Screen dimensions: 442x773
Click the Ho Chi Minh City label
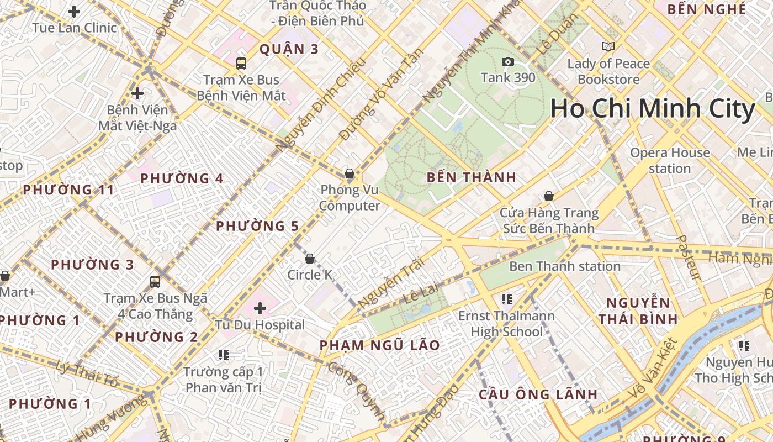point(652,109)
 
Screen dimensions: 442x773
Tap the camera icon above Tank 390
point(508,61)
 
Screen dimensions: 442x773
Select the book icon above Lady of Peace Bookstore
point(608,47)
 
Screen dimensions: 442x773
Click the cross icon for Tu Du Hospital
point(260,308)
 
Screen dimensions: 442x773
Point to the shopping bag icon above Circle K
point(310,258)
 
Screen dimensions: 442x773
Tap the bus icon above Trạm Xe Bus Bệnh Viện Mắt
point(241,63)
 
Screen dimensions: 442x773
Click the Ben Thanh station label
point(564,266)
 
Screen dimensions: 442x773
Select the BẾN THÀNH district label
point(472,177)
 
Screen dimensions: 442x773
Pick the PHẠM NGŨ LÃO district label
point(380,345)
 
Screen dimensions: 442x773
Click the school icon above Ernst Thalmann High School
point(506,299)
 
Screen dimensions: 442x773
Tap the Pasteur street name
point(688,257)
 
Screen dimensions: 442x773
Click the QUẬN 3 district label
point(289,49)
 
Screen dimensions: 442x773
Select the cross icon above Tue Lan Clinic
point(73,11)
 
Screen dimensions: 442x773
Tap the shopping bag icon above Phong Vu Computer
point(350,173)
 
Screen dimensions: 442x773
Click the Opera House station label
point(670,160)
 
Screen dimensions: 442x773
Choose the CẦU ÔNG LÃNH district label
point(538,394)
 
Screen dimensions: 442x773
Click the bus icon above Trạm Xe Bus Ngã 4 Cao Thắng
point(155,282)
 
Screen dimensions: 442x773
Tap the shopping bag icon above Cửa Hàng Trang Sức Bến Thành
point(549,196)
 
